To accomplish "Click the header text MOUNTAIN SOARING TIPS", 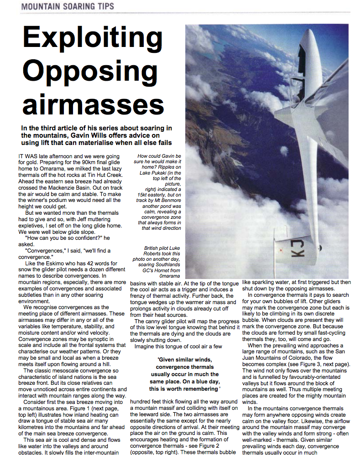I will point(68,6).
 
